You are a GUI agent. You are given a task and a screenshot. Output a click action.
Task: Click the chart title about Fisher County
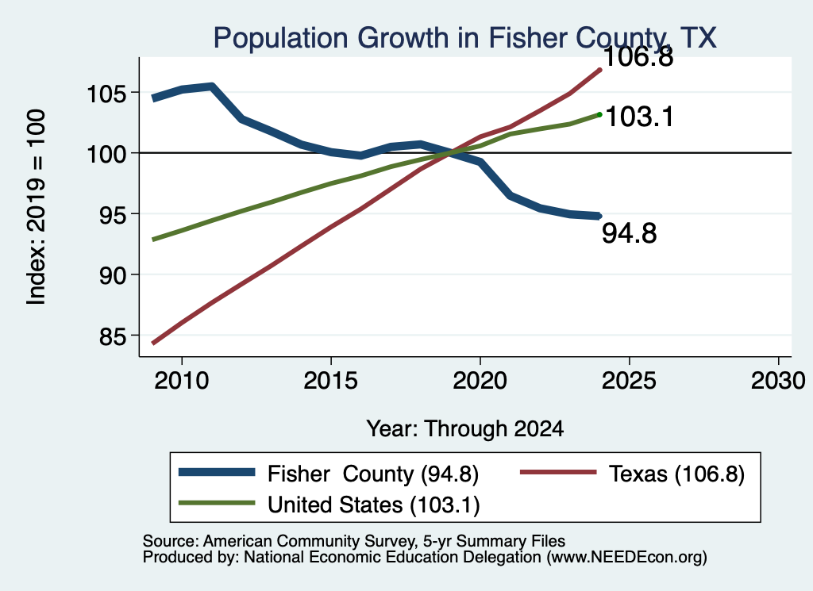(x=464, y=38)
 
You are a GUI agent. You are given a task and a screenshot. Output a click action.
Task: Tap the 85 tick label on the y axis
(x=113, y=337)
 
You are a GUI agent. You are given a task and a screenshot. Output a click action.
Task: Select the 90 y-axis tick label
(x=113, y=276)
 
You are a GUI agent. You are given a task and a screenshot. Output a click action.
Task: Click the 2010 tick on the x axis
(x=182, y=382)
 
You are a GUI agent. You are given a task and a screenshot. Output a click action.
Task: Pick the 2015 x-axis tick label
(x=331, y=382)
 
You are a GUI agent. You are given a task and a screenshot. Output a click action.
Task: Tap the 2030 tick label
(x=778, y=382)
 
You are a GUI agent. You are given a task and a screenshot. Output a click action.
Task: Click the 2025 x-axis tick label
(x=629, y=382)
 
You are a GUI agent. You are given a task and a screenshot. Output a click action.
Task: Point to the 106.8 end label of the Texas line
(x=638, y=56)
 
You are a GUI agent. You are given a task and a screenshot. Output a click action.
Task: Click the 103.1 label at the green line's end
(x=639, y=117)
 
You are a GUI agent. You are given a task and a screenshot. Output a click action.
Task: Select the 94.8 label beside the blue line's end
(x=630, y=233)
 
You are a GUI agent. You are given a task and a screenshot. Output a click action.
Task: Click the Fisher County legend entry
(x=329, y=474)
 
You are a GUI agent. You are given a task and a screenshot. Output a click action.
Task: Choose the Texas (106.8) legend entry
(x=633, y=474)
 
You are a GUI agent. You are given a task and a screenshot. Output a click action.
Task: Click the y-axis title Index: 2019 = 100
(x=37, y=207)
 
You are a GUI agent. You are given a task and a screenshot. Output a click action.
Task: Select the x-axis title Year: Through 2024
(x=465, y=429)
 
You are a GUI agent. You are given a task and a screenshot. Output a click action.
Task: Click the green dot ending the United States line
(x=600, y=114)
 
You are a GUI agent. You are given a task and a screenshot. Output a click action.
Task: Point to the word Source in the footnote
(x=171, y=541)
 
